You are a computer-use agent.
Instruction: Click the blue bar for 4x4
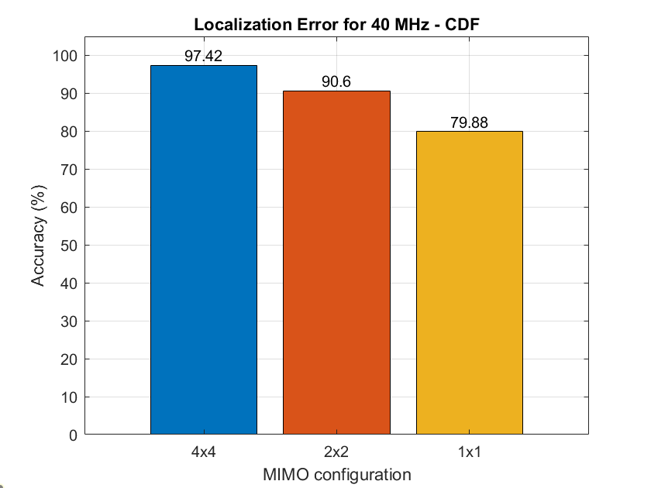point(204,249)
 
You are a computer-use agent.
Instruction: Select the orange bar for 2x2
point(336,263)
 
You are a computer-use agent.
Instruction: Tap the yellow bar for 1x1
point(469,283)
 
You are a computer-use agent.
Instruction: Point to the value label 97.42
point(204,57)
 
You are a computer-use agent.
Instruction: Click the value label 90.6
point(336,82)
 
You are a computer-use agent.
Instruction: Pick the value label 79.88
point(469,122)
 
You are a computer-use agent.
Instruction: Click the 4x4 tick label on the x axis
point(204,453)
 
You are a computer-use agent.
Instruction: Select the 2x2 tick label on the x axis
point(336,453)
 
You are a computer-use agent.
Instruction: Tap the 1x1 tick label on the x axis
point(469,453)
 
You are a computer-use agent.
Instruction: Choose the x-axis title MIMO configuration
point(336,473)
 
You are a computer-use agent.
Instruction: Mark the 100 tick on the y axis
point(65,56)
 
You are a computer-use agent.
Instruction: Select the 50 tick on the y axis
point(69,246)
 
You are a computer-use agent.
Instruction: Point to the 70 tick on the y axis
point(69,170)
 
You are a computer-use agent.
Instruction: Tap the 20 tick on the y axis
point(69,359)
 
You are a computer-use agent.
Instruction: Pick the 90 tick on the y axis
point(69,94)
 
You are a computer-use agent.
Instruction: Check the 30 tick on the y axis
point(69,321)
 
